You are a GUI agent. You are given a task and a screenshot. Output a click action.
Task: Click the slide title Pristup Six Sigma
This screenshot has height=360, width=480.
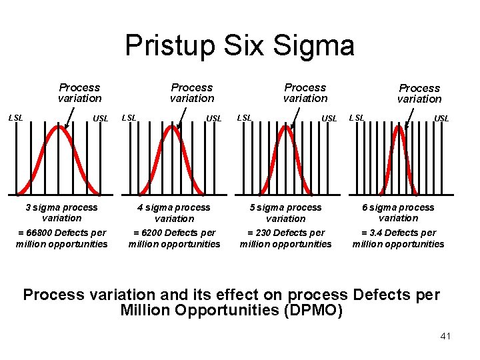[x=239, y=46]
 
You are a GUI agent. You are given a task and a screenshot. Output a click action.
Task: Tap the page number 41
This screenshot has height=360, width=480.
[x=446, y=336]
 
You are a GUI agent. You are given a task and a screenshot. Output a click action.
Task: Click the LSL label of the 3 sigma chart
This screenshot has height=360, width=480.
[x=15, y=118]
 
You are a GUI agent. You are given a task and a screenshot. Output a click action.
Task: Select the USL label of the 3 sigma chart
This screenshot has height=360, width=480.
[x=101, y=119]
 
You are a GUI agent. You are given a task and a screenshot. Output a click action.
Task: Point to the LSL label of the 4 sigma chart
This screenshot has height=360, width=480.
[x=129, y=118]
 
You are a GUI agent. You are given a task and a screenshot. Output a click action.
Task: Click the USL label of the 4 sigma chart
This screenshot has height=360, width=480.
[x=214, y=119]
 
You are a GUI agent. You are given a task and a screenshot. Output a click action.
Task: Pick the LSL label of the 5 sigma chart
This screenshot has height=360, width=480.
[x=245, y=118]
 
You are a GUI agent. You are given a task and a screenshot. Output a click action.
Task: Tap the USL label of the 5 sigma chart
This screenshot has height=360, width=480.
[x=329, y=119]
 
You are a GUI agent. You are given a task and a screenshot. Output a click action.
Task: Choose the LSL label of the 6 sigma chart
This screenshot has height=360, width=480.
[x=357, y=118]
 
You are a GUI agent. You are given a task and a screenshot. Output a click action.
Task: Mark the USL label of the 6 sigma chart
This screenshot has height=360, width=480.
[x=441, y=119]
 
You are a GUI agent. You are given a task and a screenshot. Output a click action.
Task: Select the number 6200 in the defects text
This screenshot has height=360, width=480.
[x=150, y=233]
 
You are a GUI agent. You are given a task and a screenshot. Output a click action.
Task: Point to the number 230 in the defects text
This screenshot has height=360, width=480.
[x=263, y=233]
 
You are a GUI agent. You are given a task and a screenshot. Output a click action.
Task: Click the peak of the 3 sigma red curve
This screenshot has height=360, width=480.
[x=60, y=127]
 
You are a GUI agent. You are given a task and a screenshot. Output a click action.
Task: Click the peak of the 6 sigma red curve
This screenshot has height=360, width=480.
[x=399, y=127]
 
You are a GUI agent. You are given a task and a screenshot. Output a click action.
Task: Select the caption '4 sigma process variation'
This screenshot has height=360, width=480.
[x=174, y=213]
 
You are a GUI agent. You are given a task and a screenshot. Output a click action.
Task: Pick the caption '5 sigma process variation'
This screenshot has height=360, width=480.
[x=285, y=213]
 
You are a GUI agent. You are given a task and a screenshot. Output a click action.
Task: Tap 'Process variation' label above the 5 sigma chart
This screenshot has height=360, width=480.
[x=305, y=93]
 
